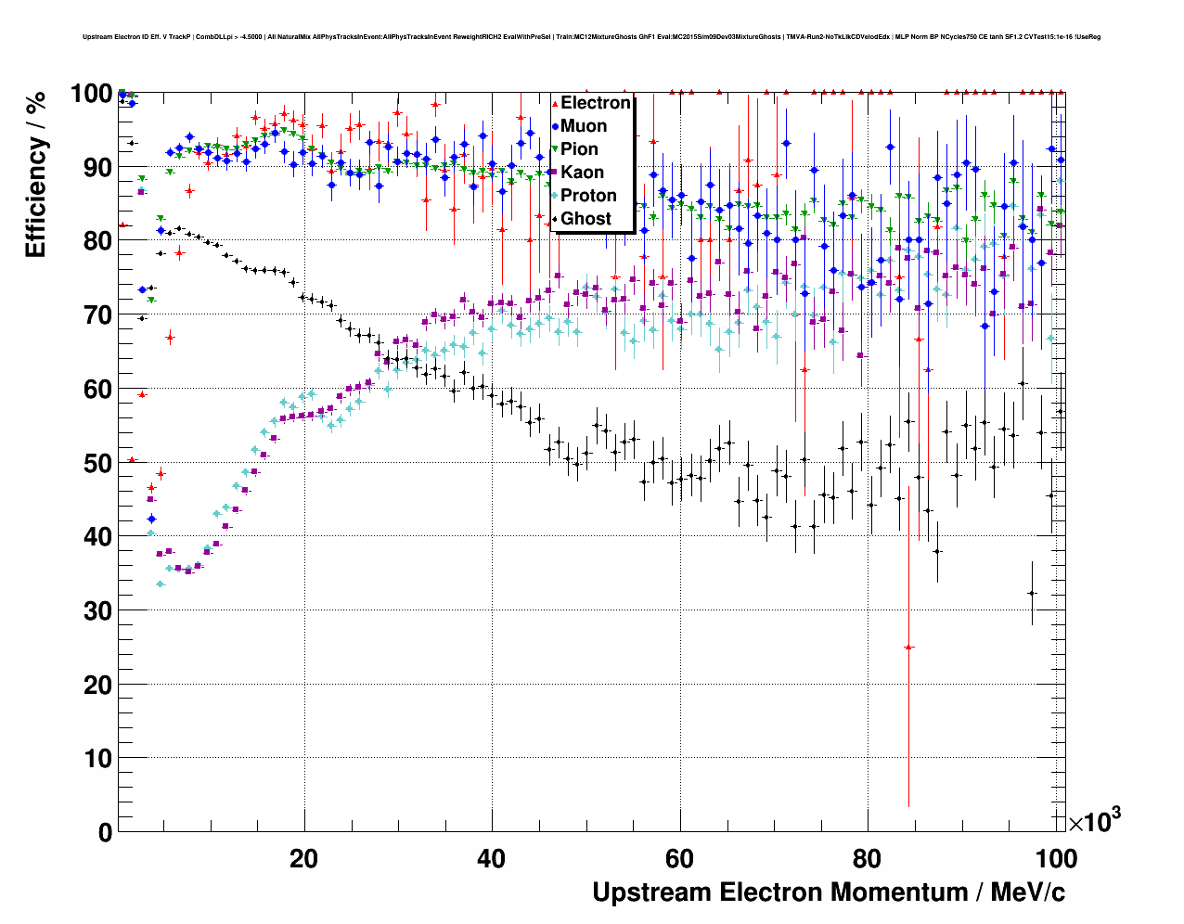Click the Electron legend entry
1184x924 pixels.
pyautogui.click(x=595, y=103)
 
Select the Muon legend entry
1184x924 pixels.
pyautogui.click(x=584, y=126)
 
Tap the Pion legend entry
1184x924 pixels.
pyautogui.click(x=579, y=149)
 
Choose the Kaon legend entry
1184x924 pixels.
pyautogui.click(x=582, y=173)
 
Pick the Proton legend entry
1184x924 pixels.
pyautogui.click(x=588, y=196)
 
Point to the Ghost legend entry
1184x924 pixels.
pyautogui.click(x=586, y=219)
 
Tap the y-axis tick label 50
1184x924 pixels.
pyautogui.click(x=97, y=463)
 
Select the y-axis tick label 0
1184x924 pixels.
pyautogui.click(x=105, y=832)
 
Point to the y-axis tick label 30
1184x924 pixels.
pyautogui.click(x=97, y=610)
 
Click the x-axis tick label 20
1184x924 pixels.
pyautogui.click(x=303, y=858)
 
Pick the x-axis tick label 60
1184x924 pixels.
pyautogui.click(x=679, y=858)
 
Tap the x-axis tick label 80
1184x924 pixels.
pyautogui.click(x=867, y=858)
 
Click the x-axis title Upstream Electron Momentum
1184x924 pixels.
pyautogui.click(x=829, y=892)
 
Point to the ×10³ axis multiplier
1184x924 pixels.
pyautogui.click(x=1094, y=821)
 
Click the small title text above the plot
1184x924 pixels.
pyautogui.click(x=591, y=37)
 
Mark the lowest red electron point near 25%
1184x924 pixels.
pyautogui.click(x=908, y=647)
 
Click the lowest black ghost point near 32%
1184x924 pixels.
pyautogui.click(x=1031, y=594)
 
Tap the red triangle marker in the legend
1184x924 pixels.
pyautogui.click(x=555, y=103)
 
